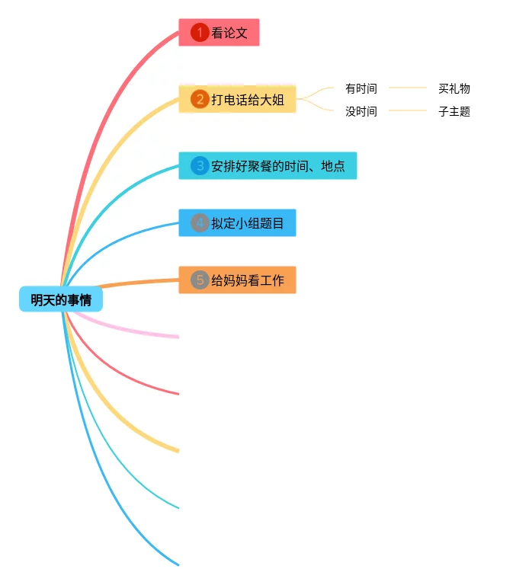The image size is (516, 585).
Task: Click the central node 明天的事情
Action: pos(61,300)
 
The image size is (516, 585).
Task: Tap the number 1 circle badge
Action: pos(200,33)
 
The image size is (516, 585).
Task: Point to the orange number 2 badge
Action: pos(200,99)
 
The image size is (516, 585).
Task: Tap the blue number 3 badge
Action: pos(200,166)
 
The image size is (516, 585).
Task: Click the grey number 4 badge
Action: pos(200,223)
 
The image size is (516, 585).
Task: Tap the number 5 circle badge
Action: pos(200,280)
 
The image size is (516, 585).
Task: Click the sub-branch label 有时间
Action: pos(361,88)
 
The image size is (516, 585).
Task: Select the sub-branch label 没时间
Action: pos(361,111)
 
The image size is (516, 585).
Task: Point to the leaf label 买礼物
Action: pos(454,88)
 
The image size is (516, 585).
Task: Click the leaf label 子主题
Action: pos(454,111)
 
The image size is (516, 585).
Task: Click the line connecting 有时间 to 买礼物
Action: pos(408,88)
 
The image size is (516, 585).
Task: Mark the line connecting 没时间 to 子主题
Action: pos(408,110)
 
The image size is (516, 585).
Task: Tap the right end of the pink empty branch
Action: pos(177,335)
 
